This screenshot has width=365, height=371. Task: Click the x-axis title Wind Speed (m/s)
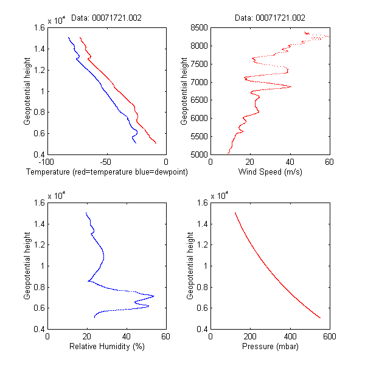tap(270, 172)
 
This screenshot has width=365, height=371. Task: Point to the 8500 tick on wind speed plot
tap(198, 27)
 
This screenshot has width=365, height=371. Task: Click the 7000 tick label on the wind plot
tap(198, 82)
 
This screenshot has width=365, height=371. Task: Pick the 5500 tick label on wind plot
tap(198, 137)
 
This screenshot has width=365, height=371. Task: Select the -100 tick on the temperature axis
tap(46, 162)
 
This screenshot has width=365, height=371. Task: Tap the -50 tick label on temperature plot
tap(106, 162)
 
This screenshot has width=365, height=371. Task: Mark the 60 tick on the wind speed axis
tap(329, 162)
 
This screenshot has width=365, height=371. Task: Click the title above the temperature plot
tap(106, 18)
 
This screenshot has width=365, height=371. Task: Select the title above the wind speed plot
tap(270, 18)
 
